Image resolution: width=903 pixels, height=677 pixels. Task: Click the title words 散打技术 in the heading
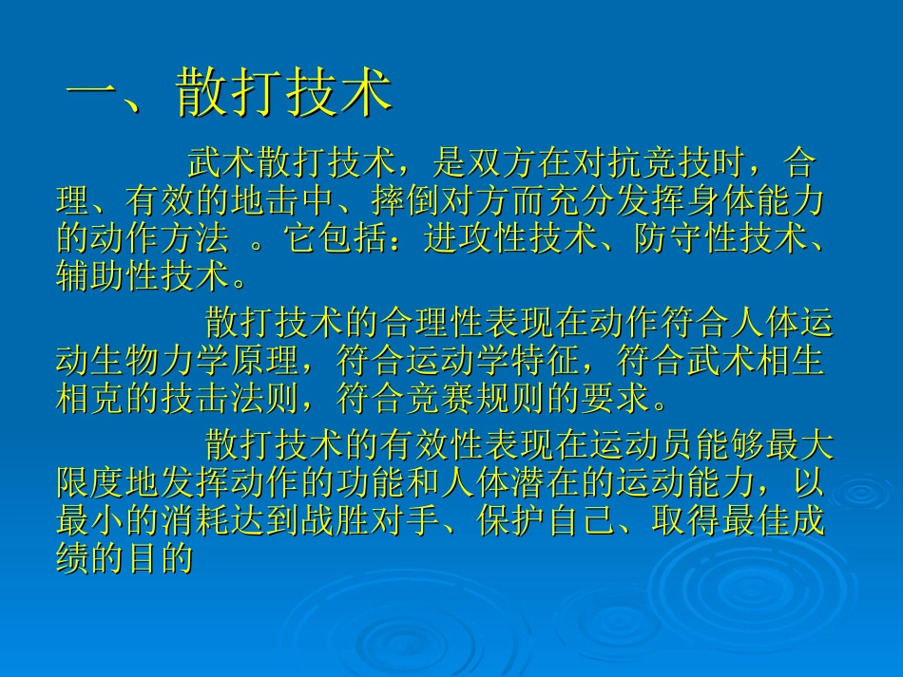click(284, 95)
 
